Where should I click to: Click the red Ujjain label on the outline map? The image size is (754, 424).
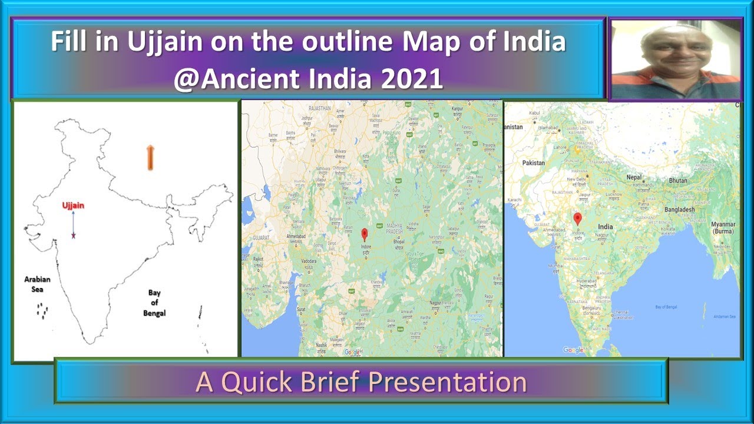pyautogui.click(x=74, y=205)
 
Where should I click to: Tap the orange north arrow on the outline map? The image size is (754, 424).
pyautogui.click(x=150, y=157)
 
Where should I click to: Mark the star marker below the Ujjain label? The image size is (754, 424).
pyautogui.click(x=74, y=236)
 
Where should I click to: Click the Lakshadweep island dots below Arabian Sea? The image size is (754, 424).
pyautogui.click(x=42, y=310)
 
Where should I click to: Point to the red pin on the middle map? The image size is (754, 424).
pyautogui.click(x=364, y=233)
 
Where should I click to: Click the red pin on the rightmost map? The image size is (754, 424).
pyautogui.click(x=577, y=218)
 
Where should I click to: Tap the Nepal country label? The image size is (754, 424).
pyautogui.click(x=633, y=177)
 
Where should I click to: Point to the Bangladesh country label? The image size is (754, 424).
pyautogui.click(x=679, y=210)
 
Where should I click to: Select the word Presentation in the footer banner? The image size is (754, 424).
pyautogui.click(x=448, y=382)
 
